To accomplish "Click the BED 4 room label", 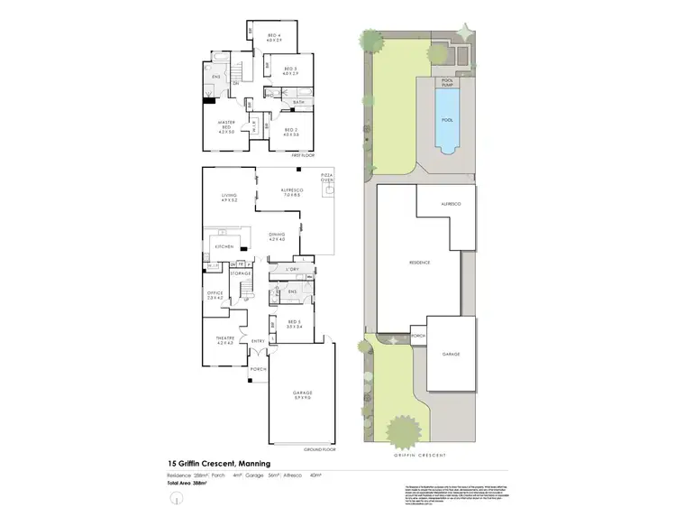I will (274, 35).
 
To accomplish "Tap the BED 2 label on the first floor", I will (290, 130).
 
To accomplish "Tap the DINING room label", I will (277, 235).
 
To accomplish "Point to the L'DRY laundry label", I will (292, 270).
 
